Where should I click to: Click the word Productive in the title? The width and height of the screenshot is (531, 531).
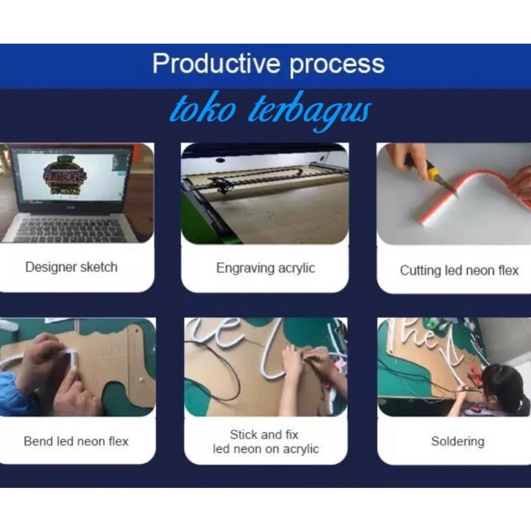216,63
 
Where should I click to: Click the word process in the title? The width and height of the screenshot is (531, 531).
337,65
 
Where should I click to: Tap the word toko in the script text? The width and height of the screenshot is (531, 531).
203,109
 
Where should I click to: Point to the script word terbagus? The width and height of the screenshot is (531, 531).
310,111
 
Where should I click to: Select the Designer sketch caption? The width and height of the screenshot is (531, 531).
71,267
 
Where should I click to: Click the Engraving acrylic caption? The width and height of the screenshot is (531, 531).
265,268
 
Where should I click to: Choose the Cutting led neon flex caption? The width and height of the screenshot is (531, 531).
459,271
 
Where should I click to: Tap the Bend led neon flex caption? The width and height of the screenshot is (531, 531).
76,441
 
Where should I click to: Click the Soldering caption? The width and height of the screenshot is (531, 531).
458,441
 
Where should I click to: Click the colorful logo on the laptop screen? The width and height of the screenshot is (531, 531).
64,175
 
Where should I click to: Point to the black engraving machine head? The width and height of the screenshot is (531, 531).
221,184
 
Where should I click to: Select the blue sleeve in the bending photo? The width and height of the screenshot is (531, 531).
14,395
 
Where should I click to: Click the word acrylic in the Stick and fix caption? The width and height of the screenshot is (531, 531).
300,449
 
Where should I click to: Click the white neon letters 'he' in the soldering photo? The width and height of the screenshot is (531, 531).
418,336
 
